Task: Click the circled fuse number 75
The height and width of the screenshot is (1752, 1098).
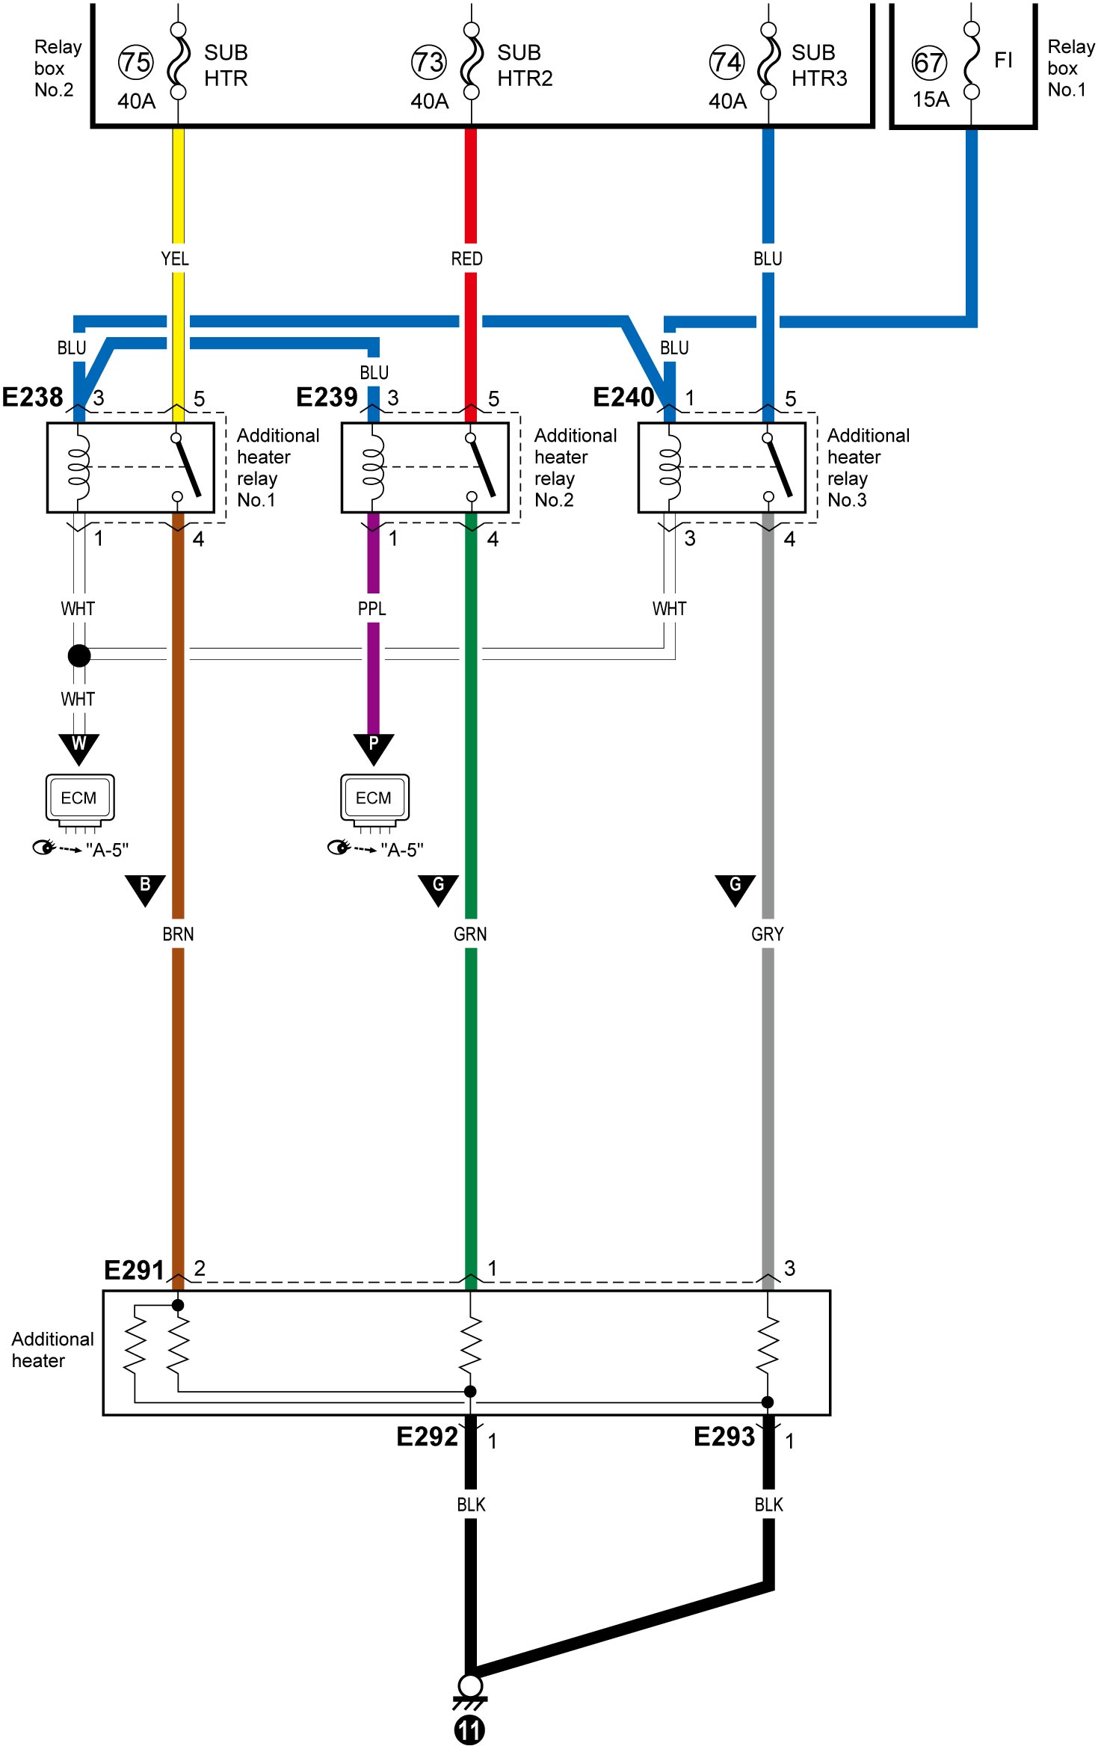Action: [x=135, y=62]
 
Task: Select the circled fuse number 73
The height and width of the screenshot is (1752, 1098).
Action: [x=429, y=62]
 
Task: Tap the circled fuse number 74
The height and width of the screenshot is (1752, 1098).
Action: [x=727, y=62]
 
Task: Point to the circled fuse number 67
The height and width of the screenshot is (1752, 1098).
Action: [x=929, y=63]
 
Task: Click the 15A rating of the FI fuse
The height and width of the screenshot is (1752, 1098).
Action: [x=931, y=99]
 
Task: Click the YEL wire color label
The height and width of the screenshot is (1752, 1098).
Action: [x=175, y=259]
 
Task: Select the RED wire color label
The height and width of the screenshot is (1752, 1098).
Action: [x=467, y=259]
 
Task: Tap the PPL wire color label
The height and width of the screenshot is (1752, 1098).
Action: [x=372, y=609]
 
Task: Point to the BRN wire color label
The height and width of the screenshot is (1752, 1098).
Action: [x=178, y=934]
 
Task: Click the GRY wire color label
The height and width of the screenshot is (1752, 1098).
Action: [x=768, y=934]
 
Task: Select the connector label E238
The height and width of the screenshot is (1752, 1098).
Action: [x=32, y=397]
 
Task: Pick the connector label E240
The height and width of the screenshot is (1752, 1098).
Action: [x=623, y=397]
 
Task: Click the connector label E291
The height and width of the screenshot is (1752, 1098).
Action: [x=134, y=1270]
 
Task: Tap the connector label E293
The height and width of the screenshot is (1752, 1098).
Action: [x=724, y=1437]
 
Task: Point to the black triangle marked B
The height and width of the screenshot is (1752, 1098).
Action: [x=145, y=889]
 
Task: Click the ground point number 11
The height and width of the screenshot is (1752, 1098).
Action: [x=469, y=1730]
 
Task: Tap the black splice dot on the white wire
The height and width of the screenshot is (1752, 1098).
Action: [x=79, y=656]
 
